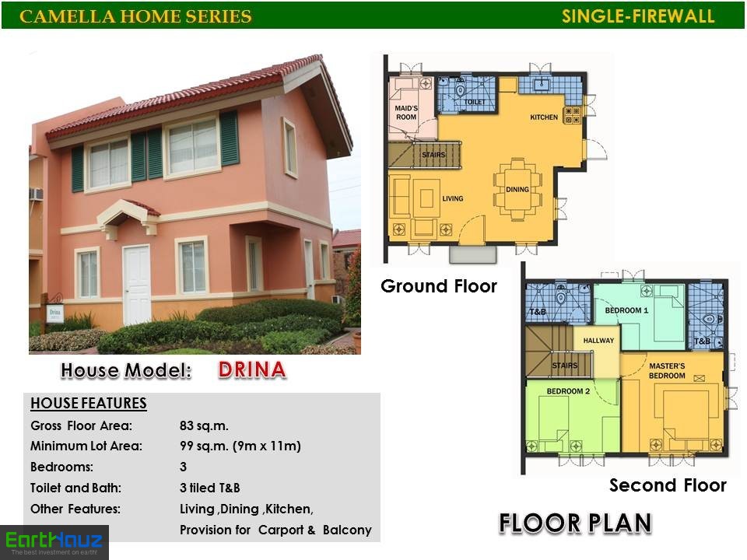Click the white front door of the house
[x=137, y=285]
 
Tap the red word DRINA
[x=252, y=370]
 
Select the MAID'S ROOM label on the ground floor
[x=406, y=112]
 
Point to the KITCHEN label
[x=544, y=117]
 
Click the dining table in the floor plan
[x=517, y=189]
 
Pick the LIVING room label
[x=453, y=198]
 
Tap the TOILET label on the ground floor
[x=475, y=102]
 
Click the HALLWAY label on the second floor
[x=598, y=341]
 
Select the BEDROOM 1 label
[x=626, y=310]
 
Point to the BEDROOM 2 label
[x=568, y=391]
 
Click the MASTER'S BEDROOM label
[x=667, y=370]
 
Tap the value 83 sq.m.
[x=204, y=425]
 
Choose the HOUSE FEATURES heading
[x=89, y=404]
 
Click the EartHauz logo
[x=54, y=542]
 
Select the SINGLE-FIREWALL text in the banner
[x=638, y=16]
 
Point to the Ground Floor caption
[x=439, y=286]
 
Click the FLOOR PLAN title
[x=575, y=523]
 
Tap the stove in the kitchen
[x=572, y=115]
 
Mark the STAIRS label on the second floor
[x=565, y=366]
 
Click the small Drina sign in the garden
[x=55, y=313]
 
